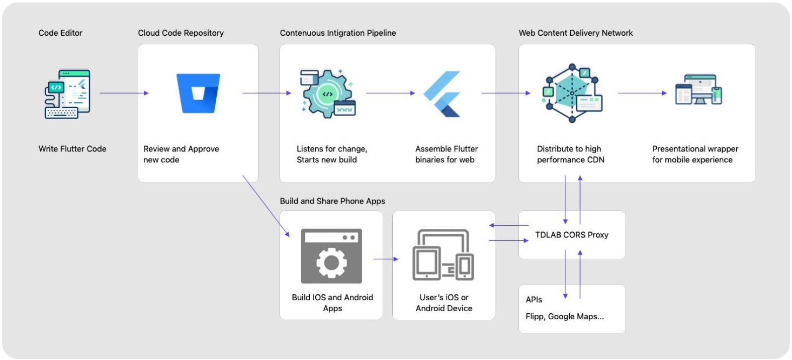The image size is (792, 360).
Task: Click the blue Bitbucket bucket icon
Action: [198, 94]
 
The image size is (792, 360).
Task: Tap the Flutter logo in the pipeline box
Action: [443, 94]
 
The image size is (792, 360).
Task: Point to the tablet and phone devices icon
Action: [443, 255]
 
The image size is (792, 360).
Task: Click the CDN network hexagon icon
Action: [572, 93]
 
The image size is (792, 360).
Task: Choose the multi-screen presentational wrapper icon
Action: [698, 90]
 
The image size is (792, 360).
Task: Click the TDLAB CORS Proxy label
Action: [571, 235]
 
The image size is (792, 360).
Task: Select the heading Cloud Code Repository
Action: [181, 33]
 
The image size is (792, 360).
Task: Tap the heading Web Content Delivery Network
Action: [575, 33]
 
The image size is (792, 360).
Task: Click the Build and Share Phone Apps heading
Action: [332, 201]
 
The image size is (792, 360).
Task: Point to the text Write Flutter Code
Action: [72, 149]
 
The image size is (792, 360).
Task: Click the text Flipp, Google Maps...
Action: [564, 316]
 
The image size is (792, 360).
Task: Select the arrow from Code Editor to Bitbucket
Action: [124, 93]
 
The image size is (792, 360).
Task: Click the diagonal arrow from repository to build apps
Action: [266, 206]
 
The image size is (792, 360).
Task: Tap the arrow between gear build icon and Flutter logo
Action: [390, 93]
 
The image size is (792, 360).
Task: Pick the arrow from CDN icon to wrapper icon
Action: [642, 93]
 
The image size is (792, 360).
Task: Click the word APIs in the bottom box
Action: [534, 300]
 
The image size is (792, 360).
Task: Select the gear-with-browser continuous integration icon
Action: [327, 94]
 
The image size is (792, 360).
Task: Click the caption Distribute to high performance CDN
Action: [570, 154]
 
